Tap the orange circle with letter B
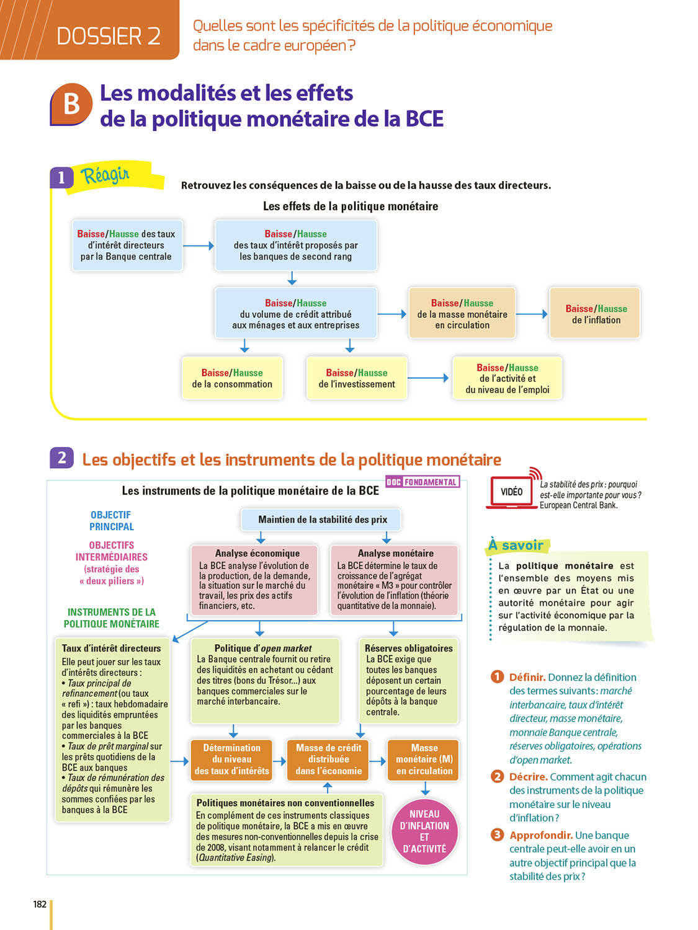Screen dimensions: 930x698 click(71, 104)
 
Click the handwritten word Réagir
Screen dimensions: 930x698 click(105, 175)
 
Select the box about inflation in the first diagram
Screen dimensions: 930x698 click(596, 314)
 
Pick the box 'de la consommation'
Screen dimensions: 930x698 click(232, 378)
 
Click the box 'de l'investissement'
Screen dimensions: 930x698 click(357, 378)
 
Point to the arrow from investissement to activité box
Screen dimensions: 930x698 click(428, 378)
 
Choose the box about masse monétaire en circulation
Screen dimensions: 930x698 click(462, 314)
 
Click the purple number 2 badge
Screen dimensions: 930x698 click(61, 458)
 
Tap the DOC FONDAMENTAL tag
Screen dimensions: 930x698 click(423, 482)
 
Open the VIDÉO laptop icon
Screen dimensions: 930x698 click(511, 492)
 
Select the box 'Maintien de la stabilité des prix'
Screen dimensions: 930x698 click(322, 520)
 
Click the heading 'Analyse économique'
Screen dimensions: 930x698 click(257, 553)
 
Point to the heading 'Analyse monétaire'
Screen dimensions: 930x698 click(395, 553)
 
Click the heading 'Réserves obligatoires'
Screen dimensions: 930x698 click(408, 648)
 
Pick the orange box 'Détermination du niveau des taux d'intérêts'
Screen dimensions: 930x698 click(232, 759)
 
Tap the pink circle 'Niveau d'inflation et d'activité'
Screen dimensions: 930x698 click(424, 831)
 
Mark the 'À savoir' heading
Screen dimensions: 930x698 click(516, 545)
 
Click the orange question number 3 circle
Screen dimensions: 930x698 click(497, 835)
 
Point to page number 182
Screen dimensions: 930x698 click(40, 904)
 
